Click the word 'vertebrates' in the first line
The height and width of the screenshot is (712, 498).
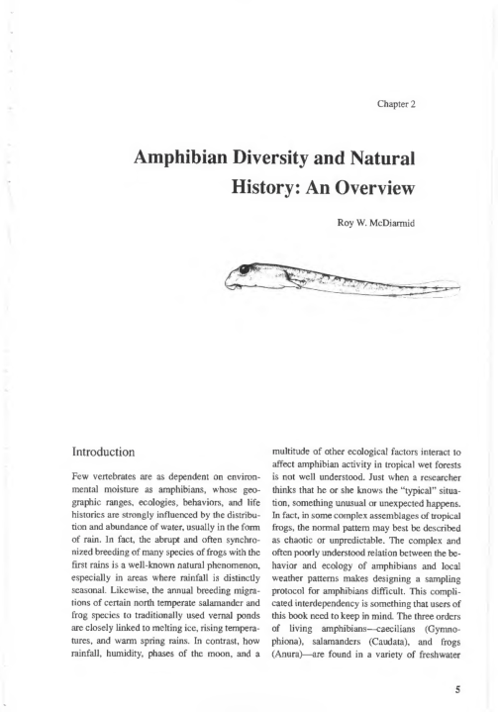(136, 491)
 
